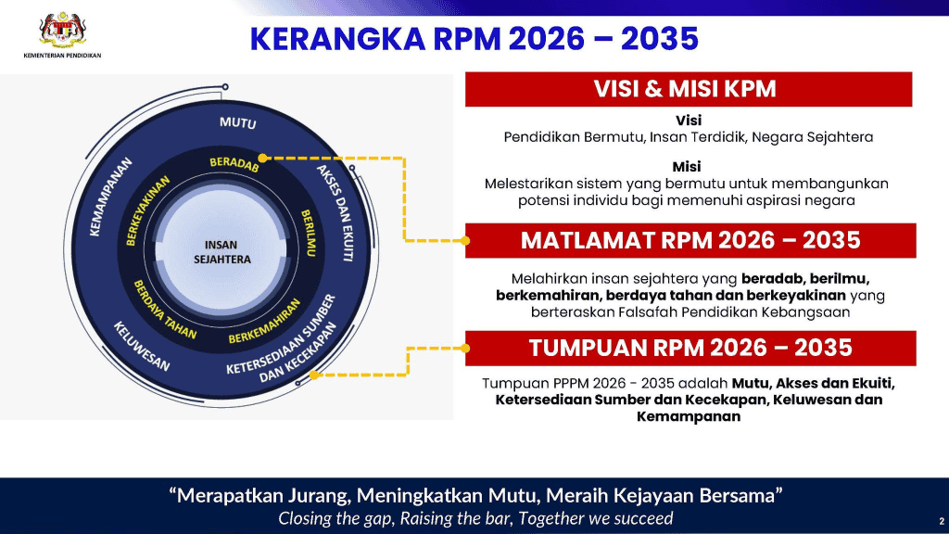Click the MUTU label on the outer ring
click(238, 122)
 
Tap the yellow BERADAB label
click(234, 163)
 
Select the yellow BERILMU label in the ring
click(309, 233)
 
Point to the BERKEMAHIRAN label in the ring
click(264, 321)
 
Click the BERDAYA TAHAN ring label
click(165, 310)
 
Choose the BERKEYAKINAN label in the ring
click(147, 210)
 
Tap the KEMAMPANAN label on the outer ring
click(110, 197)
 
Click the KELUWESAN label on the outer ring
click(142, 347)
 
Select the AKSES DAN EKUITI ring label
click(335, 212)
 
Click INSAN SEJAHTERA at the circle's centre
click(221, 252)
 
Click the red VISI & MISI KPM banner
click(689, 89)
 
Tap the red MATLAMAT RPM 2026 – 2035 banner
click(690, 240)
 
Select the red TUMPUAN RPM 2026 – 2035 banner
click(690, 349)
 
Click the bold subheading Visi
click(689, 120)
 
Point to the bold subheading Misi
click(687, 166)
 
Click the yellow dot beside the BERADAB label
click(262, 158)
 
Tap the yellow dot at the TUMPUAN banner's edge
click(465, 349)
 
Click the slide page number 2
click(942, 521)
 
